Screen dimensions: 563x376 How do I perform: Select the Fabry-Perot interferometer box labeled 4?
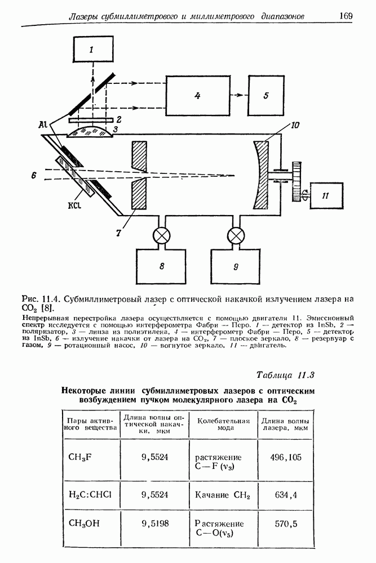pos(197,96)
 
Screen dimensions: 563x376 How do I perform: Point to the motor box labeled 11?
pos(325,195)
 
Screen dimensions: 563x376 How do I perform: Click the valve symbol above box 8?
pos(162,234)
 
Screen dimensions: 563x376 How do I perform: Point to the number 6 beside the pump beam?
pos(34,176)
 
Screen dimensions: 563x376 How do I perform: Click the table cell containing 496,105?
pos(285,457)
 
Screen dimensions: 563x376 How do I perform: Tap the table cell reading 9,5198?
pos(155,524)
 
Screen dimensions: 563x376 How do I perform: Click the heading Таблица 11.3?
pos(285,375)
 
